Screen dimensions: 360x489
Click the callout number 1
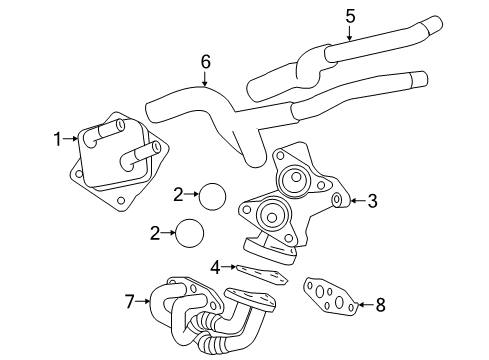click(x=58, y=138)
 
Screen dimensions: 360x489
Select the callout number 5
click(x=350, y=15)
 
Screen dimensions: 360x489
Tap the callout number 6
click(x=206, y=62)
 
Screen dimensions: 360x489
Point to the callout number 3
click(x=372, y=201)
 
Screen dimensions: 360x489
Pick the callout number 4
click(x=214, y=266)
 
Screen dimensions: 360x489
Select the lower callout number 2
click(x=154, y=234)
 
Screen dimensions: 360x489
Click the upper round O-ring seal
click(x=211, y=195)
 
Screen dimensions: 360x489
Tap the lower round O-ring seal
click(x=189, y=235)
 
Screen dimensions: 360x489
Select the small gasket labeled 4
click(x=258, y=273)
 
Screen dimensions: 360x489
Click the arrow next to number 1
click(x=71, y=140)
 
